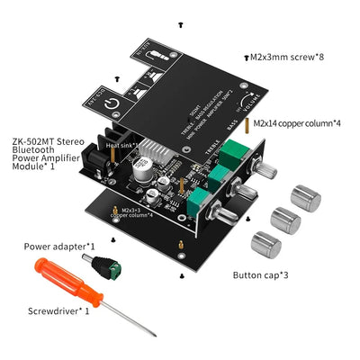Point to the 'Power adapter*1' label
58,245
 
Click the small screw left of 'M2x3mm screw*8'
247,57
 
